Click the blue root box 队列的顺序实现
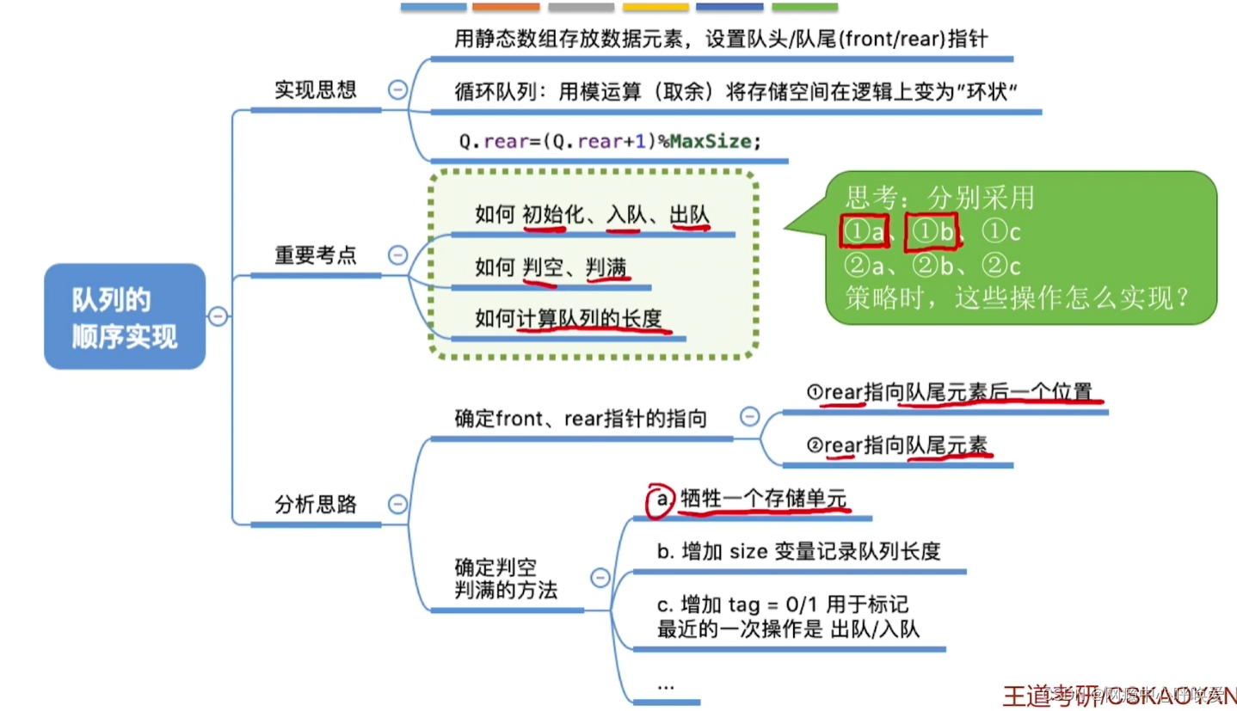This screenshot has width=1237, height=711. (x=125, y=316)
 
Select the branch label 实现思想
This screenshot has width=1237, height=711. (x=315, y=89)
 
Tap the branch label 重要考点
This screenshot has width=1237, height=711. (x=315, y=255)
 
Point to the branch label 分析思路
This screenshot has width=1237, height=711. (x=315, y=504)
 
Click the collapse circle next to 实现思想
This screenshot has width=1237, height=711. (x=397, y=89)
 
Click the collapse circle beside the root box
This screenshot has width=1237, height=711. (x=218, y=316)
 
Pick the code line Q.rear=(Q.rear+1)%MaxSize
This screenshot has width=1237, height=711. (x=610, y=142)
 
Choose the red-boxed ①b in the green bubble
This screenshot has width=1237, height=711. (x=932, y=231)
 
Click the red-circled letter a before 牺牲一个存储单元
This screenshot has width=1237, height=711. (x=661, y=500)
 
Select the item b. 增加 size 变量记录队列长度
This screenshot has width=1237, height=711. (x=798, y=551)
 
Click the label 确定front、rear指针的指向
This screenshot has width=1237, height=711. (x=581, y=420)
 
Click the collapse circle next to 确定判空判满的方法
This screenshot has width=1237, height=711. (x=600, y=579)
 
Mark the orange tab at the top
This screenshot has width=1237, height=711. (x=506, y=7)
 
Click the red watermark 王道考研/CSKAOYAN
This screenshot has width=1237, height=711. (x=1118, y=695)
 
